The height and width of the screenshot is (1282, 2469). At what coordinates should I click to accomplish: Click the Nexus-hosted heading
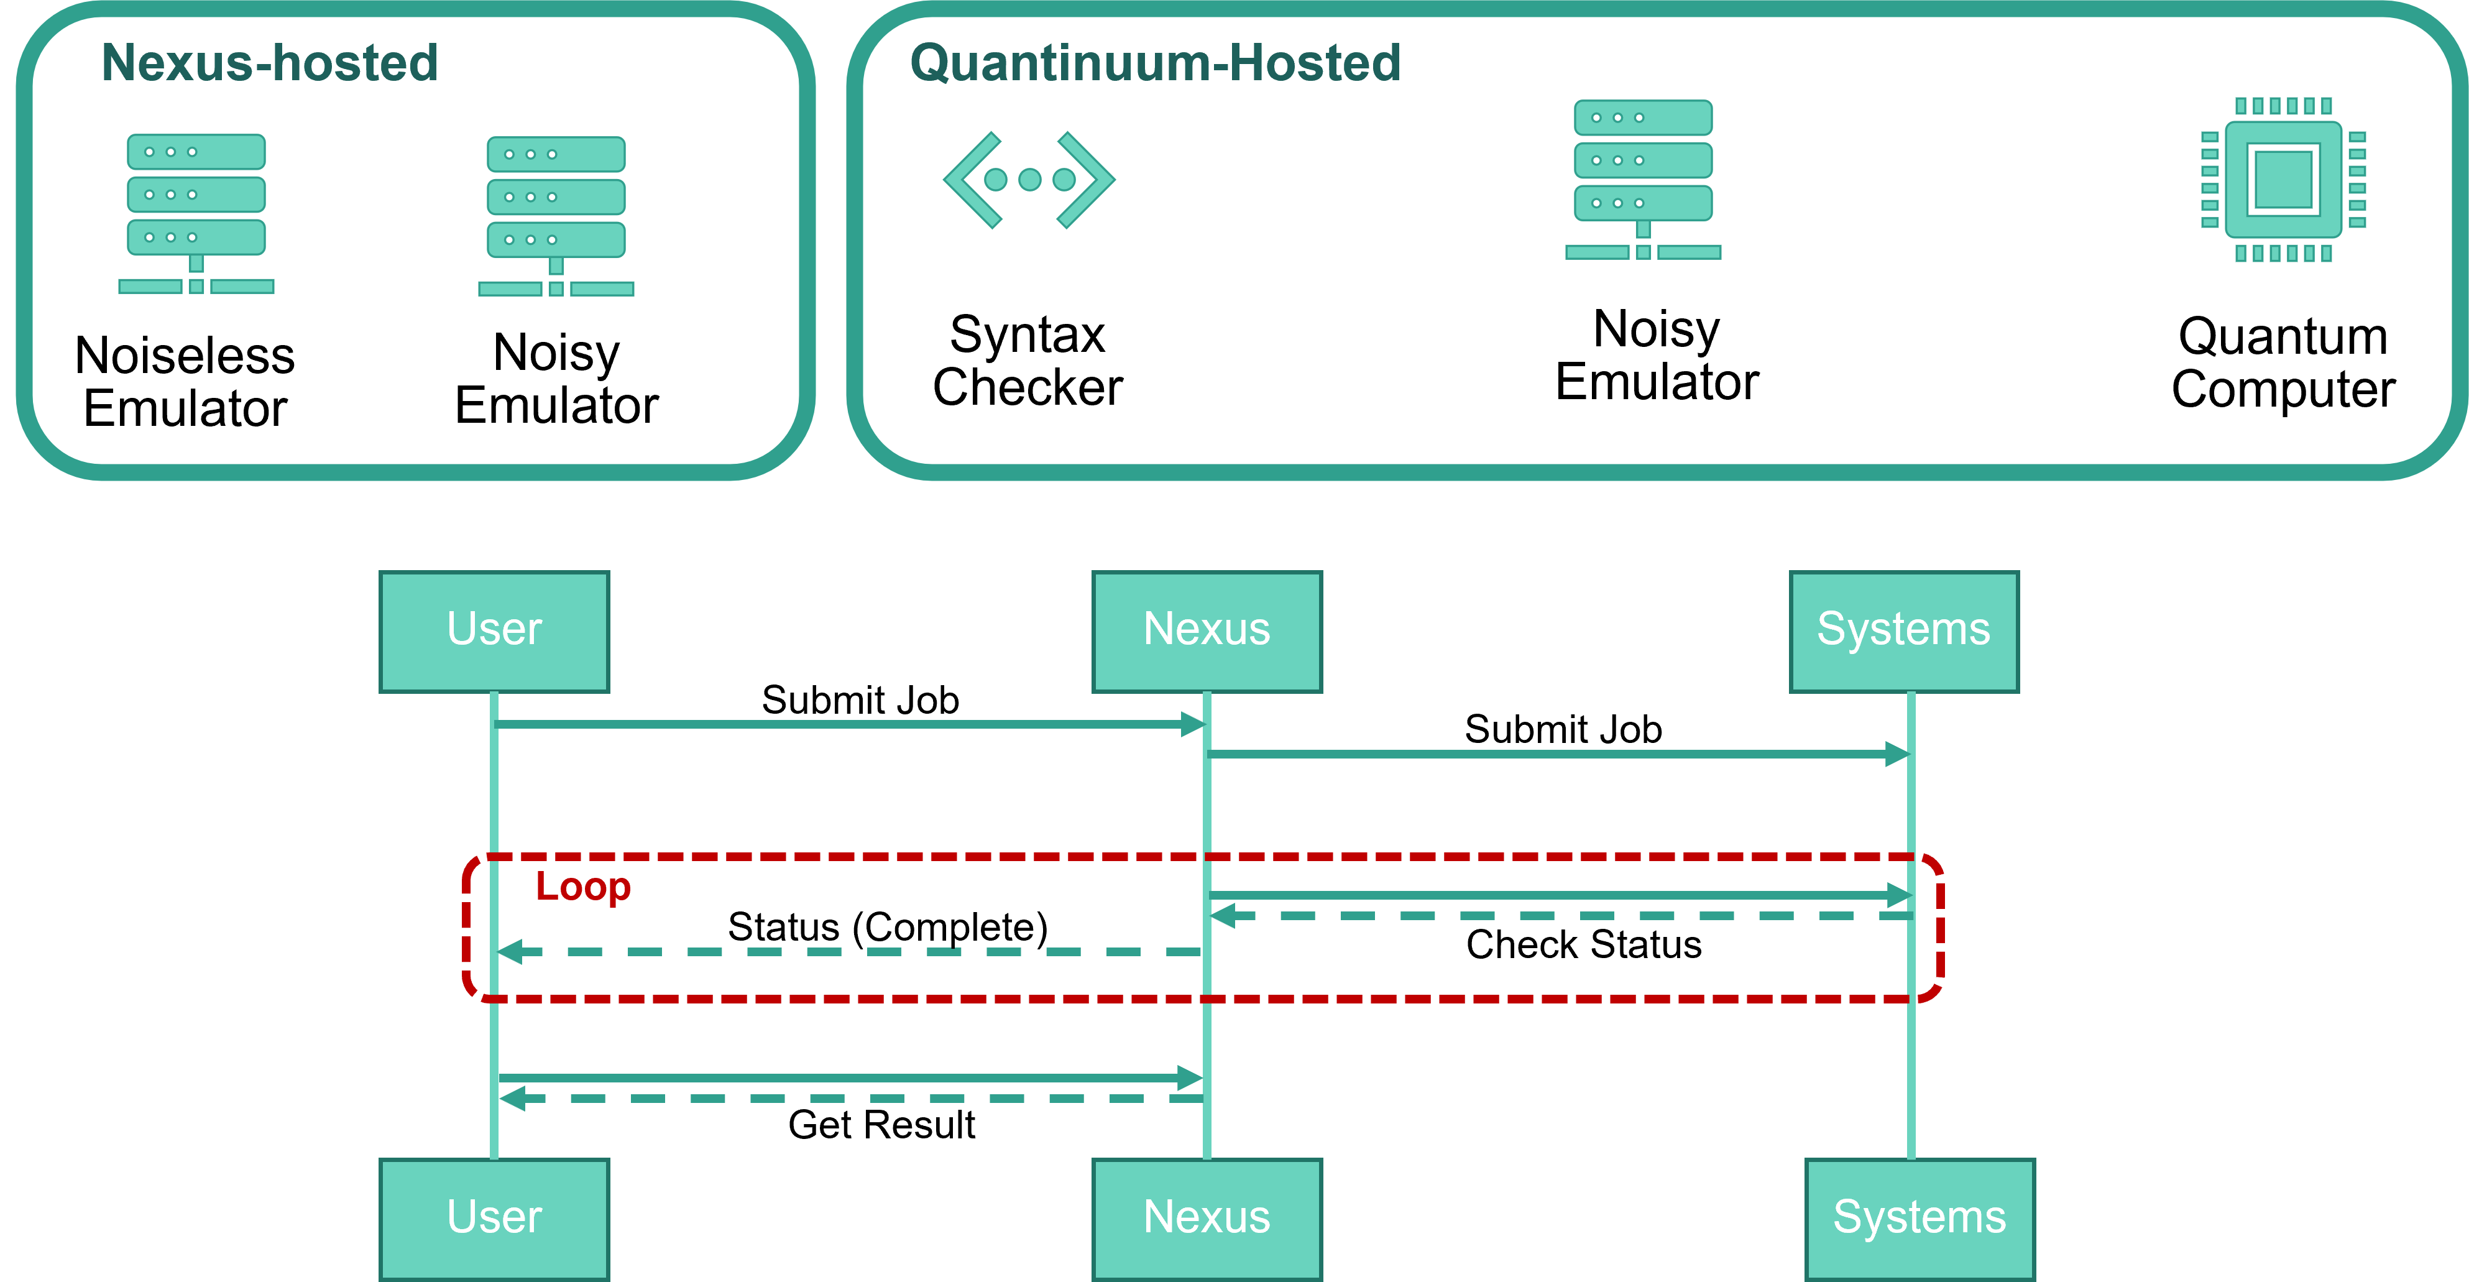click(x=269, y=63)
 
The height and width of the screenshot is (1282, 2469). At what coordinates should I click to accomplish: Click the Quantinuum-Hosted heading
click(x=1155, y=63)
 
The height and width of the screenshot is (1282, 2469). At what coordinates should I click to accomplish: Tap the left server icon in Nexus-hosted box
click(x=196, y=213)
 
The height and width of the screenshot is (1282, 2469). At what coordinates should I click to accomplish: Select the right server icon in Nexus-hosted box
click(x=556, y=216)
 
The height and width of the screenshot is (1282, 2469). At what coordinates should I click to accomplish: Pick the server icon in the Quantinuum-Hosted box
click(x=1643, y=179)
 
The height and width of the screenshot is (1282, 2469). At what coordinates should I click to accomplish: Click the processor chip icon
click(x=2283, y=179)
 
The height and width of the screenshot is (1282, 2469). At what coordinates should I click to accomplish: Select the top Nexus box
click(x=1207, y=631)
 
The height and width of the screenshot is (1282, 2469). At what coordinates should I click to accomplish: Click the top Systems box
click(x=1903, y=631)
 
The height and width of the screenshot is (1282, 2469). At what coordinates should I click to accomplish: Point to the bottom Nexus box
click(x=1207, y=1218)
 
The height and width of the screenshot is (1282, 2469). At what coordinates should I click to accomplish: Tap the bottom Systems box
click(x=1919, y=1218)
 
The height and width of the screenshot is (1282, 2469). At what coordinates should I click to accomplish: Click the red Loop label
click(x=582, y=887)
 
